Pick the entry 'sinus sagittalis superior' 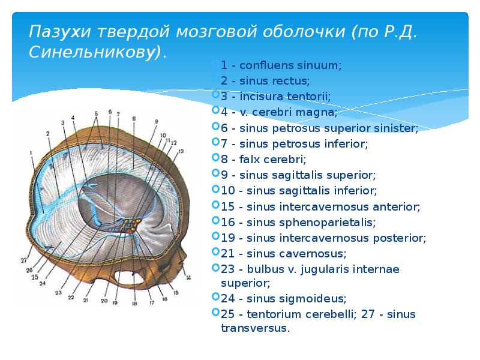tap(298, 175)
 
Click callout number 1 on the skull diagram tap(30, 154)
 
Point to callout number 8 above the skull tap(134, 118)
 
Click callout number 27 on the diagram tap(23, 260)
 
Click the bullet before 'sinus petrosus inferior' tap(216, 144)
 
